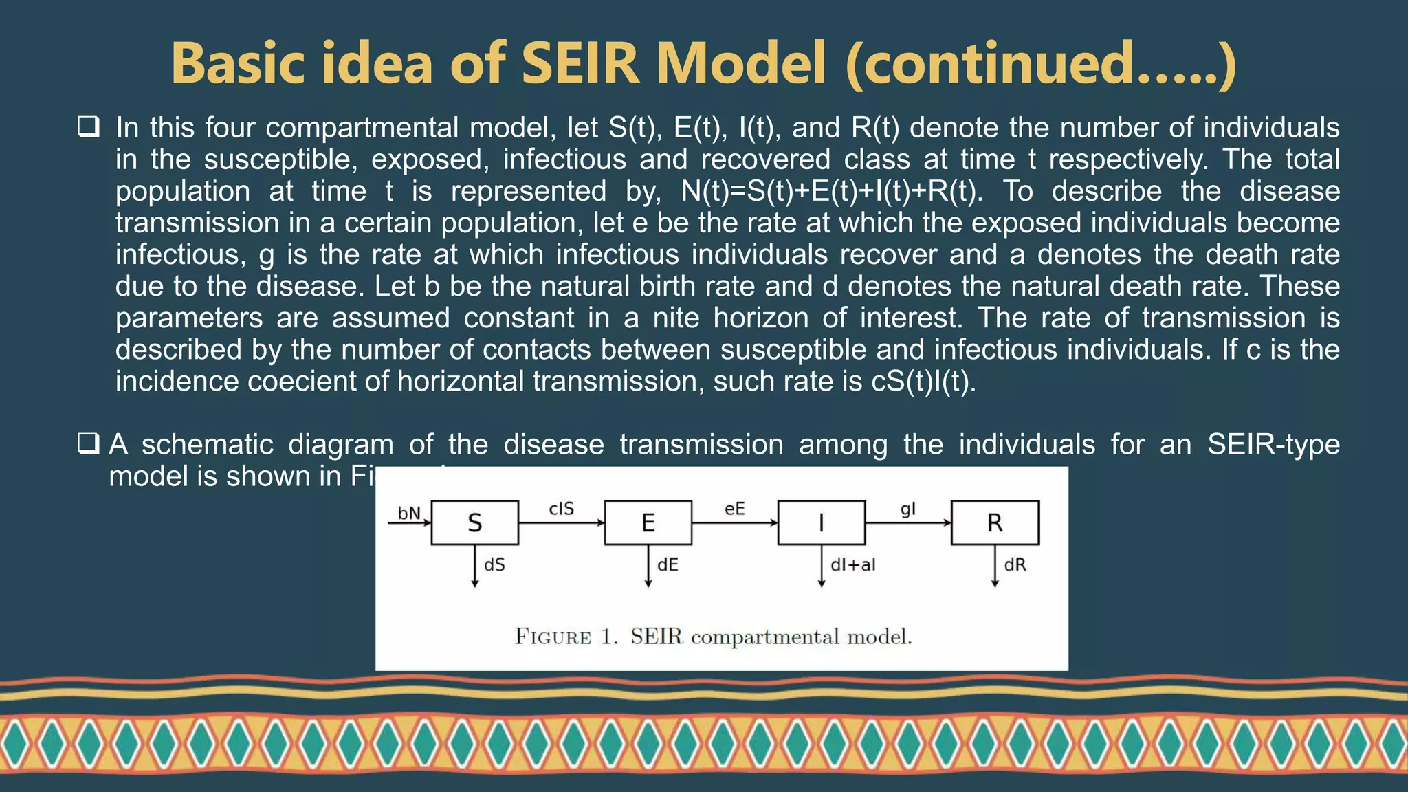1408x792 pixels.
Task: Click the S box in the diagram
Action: click(474, 523)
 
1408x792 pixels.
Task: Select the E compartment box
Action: click(648, 523)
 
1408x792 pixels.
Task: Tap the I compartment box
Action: click(821, 523)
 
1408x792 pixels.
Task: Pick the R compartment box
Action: click(995, 523)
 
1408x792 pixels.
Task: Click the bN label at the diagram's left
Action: click(409, 514)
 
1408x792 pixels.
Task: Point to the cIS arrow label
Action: click(561, 509)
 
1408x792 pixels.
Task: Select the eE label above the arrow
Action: click(734, 509)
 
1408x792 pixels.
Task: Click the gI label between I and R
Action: click(907, 509)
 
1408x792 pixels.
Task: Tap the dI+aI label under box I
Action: click(852, 565)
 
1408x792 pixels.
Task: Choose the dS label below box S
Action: click(494, 565)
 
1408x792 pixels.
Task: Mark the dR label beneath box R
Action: click(1015, 565)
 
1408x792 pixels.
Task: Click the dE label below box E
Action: click(668, 565)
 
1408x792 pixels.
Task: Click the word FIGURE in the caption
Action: click(553, 637)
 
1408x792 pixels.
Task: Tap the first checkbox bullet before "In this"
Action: click(89, 127)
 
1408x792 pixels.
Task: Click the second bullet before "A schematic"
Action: click(89, 444)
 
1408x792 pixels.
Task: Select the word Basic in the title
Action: click(238, 63)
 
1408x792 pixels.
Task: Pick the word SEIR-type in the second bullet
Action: click(1273, 445)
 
